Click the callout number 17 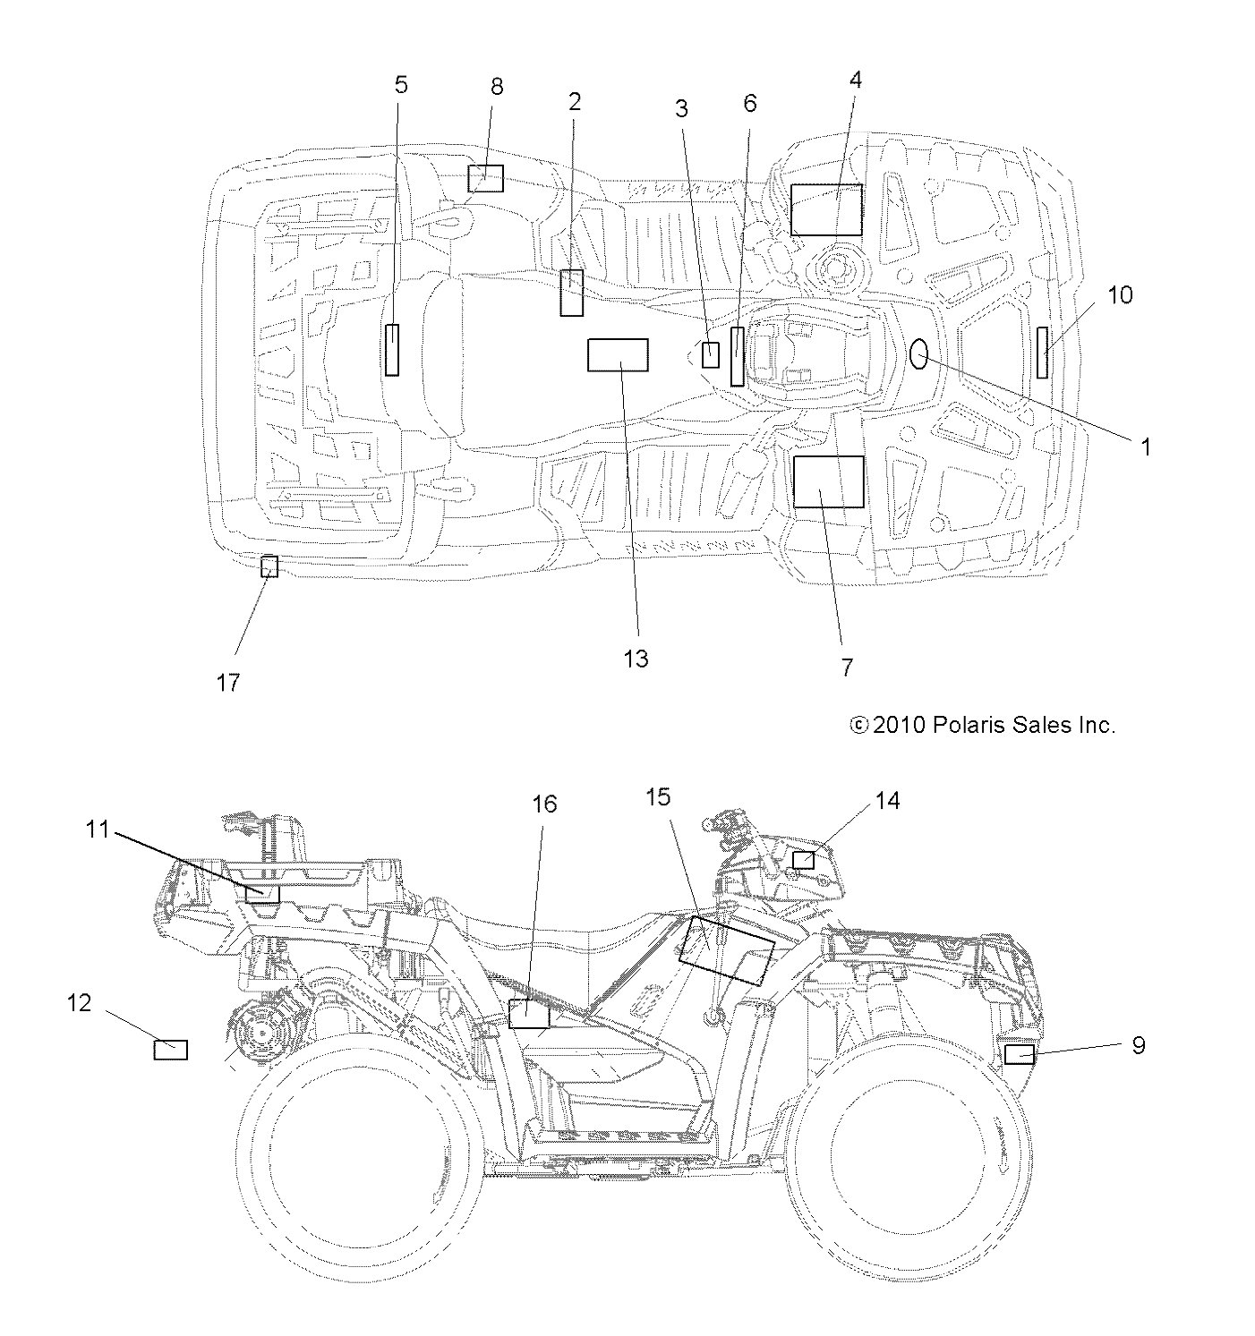228,683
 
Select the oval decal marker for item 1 919,354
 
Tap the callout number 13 636,659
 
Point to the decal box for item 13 618,355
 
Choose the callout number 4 855,80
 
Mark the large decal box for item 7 829,481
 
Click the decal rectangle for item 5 391,350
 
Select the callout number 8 497,86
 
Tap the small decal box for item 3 711,354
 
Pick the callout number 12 80,1003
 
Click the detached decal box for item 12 171,1050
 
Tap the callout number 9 1138,1045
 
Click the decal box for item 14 804,860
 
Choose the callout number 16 544,804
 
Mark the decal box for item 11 262,893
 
